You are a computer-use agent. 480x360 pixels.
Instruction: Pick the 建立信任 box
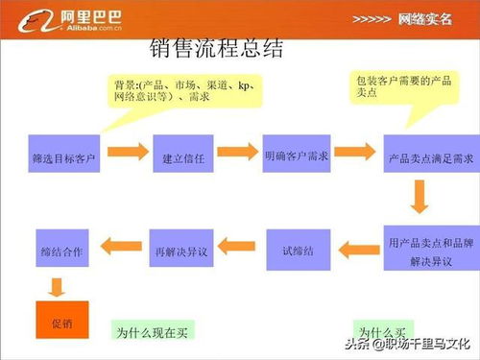coord(179,154)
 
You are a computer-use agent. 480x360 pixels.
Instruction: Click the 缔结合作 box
coord(62,250)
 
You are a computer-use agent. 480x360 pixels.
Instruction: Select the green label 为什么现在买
coord(152,330)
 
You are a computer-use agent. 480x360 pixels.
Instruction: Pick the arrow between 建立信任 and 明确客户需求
coord(238,154)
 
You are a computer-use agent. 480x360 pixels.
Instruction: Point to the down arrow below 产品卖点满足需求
coord(420,198)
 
